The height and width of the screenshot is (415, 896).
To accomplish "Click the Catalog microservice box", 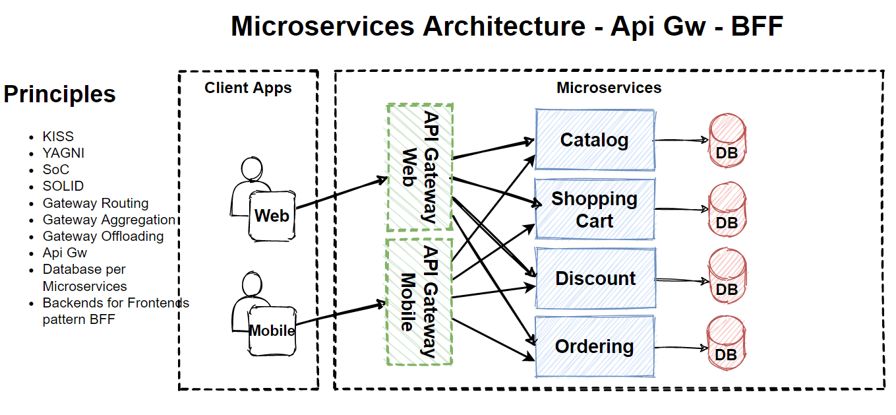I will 594,140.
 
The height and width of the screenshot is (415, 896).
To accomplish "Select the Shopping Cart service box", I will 594,209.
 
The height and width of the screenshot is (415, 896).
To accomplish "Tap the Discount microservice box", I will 595,278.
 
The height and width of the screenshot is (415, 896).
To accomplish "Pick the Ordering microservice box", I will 594,346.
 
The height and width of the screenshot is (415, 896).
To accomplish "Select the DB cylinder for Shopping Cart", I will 727,209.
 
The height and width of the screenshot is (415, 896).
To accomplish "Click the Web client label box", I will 272,216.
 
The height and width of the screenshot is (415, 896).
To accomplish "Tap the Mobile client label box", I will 272,331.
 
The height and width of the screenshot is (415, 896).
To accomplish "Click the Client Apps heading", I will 248,88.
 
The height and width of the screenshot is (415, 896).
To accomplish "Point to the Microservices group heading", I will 609,88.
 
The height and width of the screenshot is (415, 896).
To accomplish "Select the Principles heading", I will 59,94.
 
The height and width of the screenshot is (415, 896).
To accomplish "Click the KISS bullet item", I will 58,137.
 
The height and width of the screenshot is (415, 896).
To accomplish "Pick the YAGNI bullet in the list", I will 63,153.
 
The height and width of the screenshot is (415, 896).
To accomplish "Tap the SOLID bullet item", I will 63,186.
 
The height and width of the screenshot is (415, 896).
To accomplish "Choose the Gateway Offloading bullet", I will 103,236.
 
